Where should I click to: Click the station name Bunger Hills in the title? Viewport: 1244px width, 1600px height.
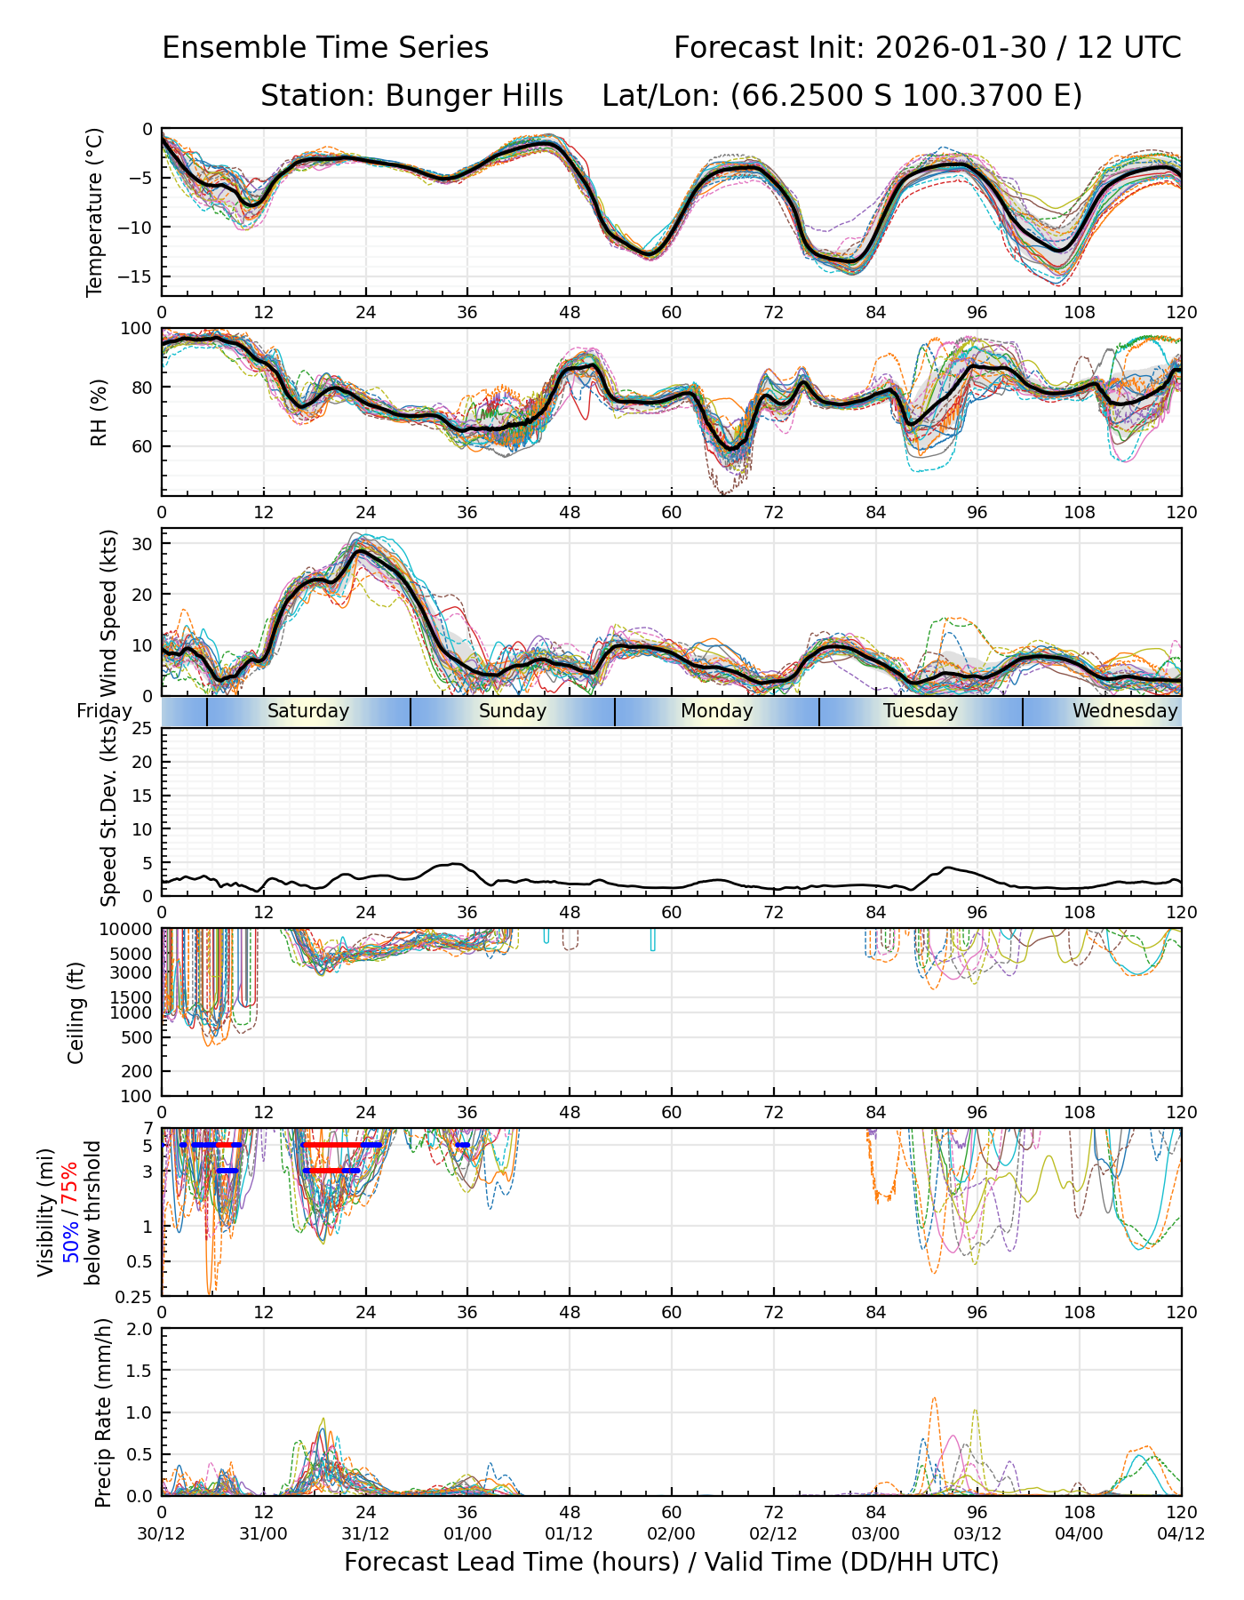tap(474, 95)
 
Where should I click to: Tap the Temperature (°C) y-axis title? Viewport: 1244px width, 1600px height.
tap(95, 212)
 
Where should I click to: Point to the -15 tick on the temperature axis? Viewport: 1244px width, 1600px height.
tap(140, 276)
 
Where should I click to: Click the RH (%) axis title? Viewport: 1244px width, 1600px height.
tap(99, 412)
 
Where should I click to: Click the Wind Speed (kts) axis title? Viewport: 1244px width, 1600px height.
tap(108, 613)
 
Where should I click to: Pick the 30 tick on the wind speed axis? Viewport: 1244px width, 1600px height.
tap(142, 543)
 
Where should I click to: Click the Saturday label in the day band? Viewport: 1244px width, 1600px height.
tap(308, 711)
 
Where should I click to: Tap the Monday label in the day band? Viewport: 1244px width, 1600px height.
tap(716, 711)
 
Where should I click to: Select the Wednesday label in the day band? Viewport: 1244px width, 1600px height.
tap(1124, 711)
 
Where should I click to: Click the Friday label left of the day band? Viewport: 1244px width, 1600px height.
tap(104, 711)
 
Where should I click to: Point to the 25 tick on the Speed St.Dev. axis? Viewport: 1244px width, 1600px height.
tap(142, 729)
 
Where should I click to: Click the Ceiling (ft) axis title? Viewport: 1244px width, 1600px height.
tap(76, 1012)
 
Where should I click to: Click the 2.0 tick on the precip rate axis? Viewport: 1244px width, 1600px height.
tap(140, 1329)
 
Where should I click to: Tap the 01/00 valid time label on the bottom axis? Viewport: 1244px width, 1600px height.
tap(467, 1533)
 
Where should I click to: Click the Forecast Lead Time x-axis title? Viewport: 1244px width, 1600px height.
tap(671, 1562)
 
